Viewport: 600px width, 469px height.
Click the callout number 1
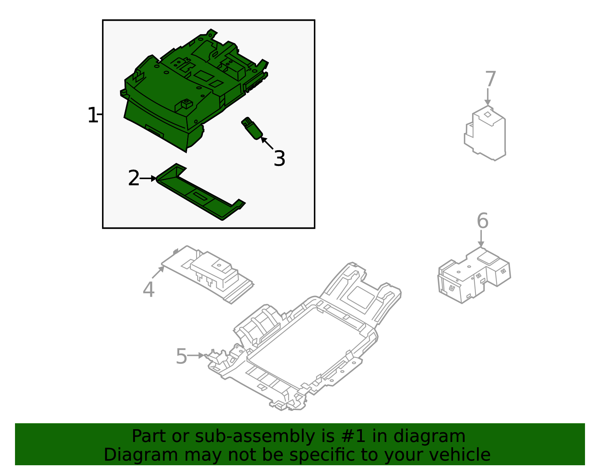pos(92,115)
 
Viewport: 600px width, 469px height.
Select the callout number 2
pos(133,178)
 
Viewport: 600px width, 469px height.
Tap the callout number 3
pos(279,158)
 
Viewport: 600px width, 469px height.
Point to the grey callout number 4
pos(148,290)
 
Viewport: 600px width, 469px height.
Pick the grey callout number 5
pos(181,356)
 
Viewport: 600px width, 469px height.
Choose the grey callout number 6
pos(483,221)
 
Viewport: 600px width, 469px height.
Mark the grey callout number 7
pos(490,79)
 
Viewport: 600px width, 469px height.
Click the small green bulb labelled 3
pos(252,128)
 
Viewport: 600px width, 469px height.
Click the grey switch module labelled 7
pos(486,133)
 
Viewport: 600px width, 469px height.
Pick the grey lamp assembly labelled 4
pos(210,274)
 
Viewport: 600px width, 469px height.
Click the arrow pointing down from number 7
pos(487,97)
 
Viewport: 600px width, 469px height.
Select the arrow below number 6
pos(481,239)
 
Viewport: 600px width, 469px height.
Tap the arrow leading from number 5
pos(196,355)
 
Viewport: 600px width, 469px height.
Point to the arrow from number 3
pos(267,143)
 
